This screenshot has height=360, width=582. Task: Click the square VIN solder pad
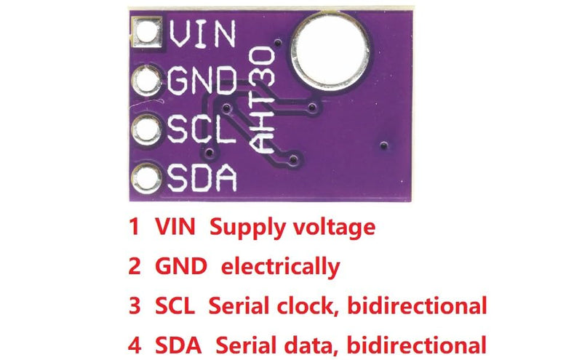pyautogui.click(x=148, y=32)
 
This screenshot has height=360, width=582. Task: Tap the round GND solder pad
pyautogui.click(x=147, y=81)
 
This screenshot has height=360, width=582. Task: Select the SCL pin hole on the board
pyautogui.click(x=147, y=129)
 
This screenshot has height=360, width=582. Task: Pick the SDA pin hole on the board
pyautogui.click(x=146, y=178)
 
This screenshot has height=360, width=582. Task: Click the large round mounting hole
pyautogui.click(x=330, y=51)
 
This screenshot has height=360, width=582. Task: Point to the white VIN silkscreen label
pyautogui.click(x=202, y=33)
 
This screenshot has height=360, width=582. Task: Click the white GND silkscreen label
pyautogui.click(x=202, y=80)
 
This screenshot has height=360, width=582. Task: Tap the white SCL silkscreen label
pyautogui.click(x=202, y=129)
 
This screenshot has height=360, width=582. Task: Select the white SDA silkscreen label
pyautogui.click(x=202, y=177)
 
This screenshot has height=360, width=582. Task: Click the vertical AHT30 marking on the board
pyautogui.click(x=262, y=100)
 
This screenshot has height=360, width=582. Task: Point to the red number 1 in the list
pyautogui.click(x=134, y=226)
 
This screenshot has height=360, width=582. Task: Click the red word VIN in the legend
pyautogui.click(x=175, y=226)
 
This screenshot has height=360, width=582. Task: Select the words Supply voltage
pyautogui.click(x=292, y=228)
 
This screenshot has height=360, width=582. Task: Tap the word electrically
pyautogui.click(x=280, y=267)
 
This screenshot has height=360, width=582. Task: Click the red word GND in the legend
pyautogui.click(x=180, y=266)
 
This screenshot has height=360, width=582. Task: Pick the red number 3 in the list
pyautogui.click(x=135, y=305)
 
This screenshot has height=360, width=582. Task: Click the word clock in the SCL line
pyautogui.click(x=305, y=305)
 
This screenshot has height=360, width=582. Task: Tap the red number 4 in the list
pyautogui.click(x=135, y=345)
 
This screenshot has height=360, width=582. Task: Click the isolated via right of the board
pyautogui.click(x=384, y=145)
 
